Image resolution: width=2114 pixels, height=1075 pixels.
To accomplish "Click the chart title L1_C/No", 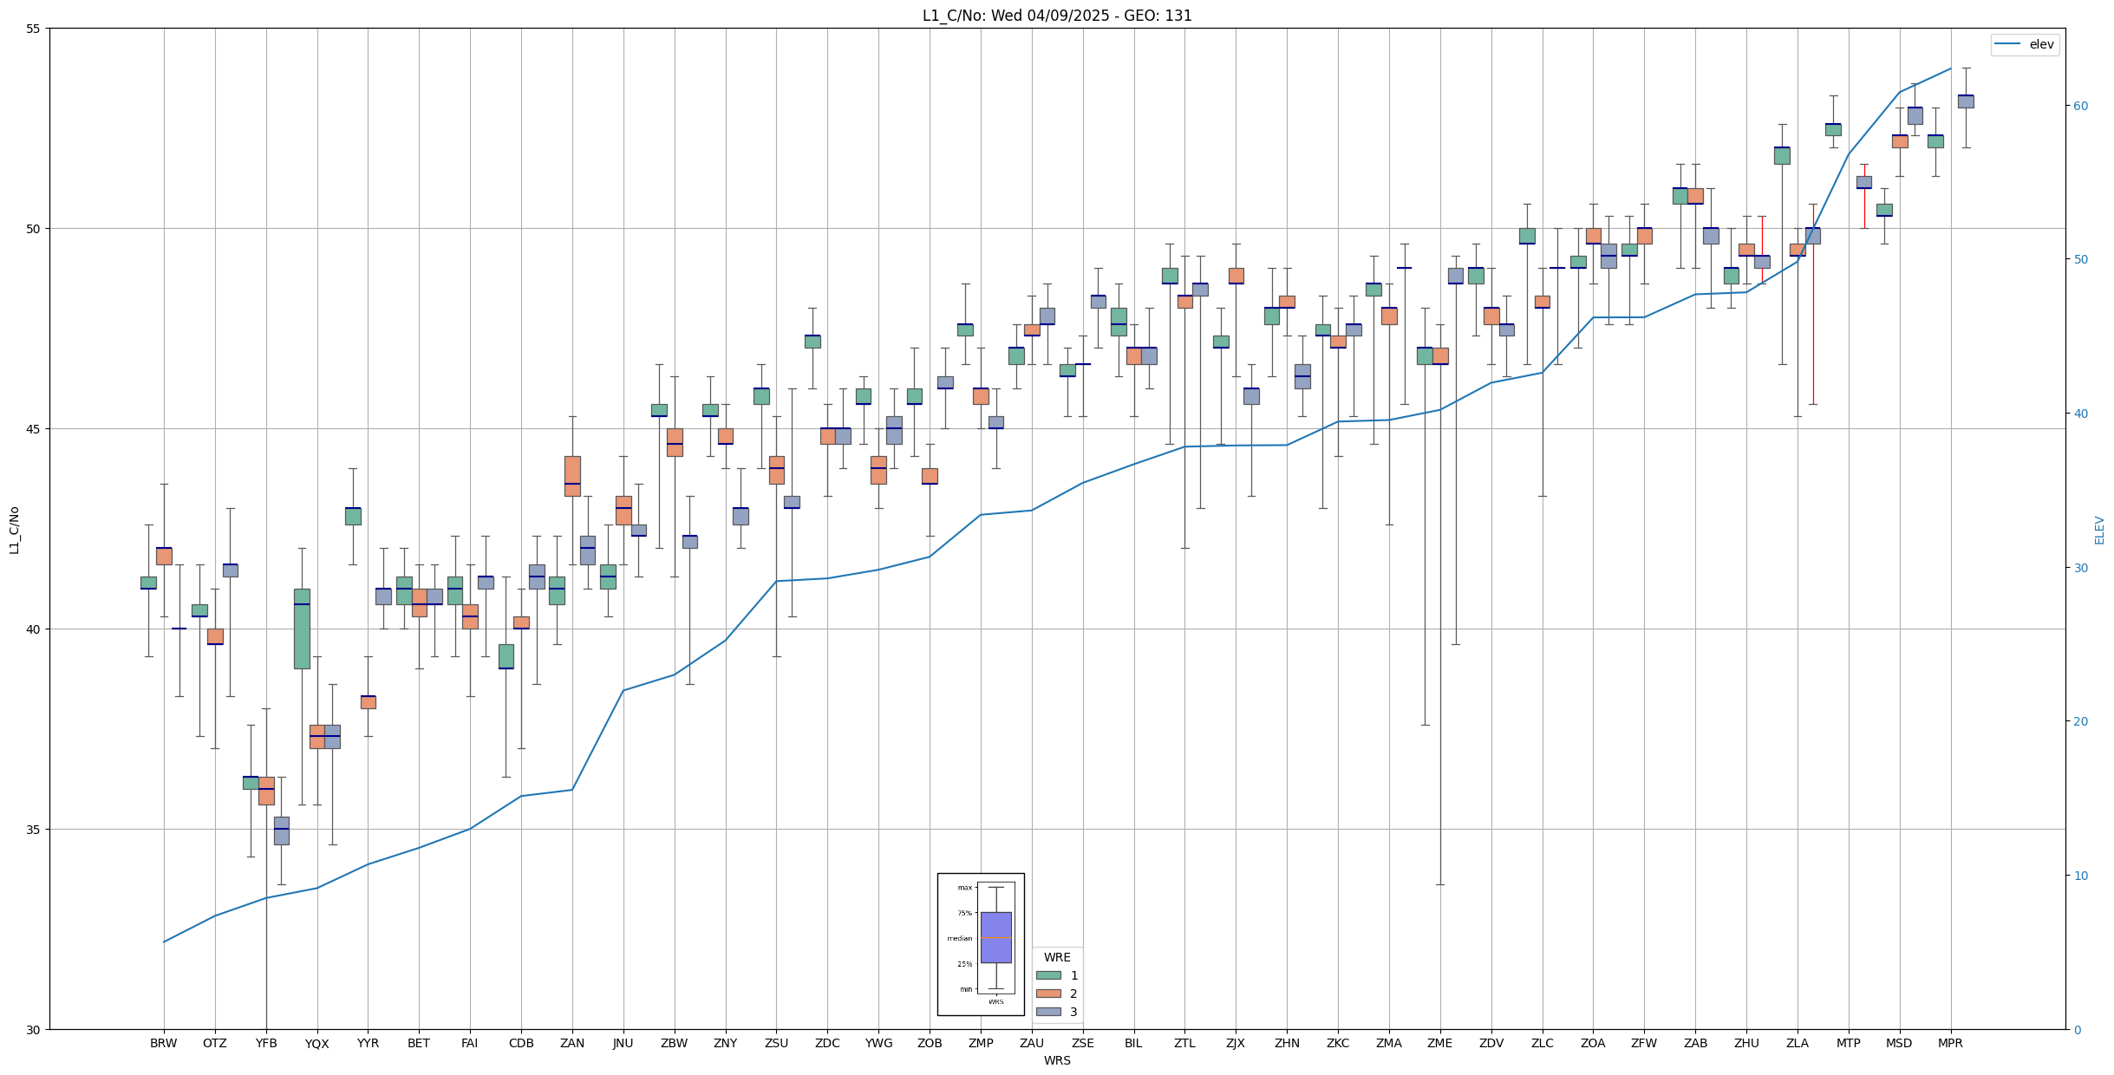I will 1057,16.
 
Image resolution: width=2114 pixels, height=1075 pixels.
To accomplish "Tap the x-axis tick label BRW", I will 163,1043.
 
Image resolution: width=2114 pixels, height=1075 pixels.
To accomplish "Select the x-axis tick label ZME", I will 1439,1043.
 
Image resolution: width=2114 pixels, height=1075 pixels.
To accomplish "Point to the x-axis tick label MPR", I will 1950,1043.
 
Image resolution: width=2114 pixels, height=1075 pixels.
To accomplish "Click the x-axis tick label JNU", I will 623,1043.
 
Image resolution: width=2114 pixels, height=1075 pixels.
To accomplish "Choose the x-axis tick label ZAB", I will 1695,1043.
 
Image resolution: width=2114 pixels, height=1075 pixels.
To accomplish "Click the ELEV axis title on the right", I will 2099,530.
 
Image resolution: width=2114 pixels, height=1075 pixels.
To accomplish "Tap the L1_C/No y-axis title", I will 14,530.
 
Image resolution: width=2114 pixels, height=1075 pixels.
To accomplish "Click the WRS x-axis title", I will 1057,1060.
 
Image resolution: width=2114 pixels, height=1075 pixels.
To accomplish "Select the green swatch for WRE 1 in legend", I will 1048,975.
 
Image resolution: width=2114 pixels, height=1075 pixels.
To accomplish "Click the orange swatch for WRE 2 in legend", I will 1048,994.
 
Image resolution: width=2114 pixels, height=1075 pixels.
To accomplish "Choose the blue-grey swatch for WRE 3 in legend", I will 1048,1012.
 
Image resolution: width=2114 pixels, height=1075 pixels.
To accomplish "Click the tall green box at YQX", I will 302,629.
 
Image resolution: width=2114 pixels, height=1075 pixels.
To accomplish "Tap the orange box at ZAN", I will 572,476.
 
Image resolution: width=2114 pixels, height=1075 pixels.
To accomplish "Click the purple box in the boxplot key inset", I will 995,937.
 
